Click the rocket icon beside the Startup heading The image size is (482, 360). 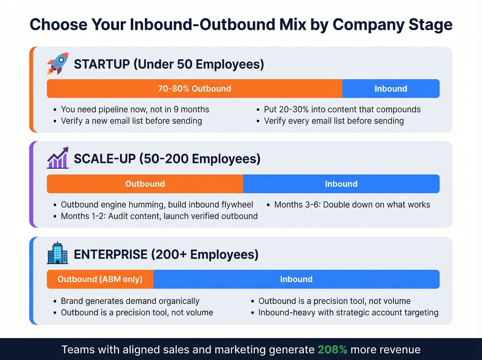pos(57,64)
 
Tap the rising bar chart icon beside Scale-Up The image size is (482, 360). pos(57,158)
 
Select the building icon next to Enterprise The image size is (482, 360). pos(57,253)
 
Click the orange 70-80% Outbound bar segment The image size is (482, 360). pos(195,89)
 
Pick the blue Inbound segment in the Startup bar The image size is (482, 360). pos(391,89)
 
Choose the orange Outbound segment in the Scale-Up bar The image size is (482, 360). pos(145,184)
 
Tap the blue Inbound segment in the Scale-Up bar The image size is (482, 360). pos(341,184)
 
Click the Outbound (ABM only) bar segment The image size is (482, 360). pos(100,279)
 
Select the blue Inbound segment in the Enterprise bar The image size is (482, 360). pos(296,279)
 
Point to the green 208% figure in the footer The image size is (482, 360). pos(332,350)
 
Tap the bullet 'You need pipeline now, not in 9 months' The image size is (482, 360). pos(135,110)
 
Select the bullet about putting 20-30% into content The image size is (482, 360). pos(342,110)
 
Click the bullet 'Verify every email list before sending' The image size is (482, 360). pos(334,121)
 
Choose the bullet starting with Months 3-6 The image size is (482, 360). pos(352,205)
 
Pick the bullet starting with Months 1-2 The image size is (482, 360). pos(159,216)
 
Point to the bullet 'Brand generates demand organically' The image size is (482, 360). pos(130,301)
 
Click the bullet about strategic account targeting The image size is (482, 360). pos(348,312)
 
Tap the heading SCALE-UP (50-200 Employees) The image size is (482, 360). pos(167,159)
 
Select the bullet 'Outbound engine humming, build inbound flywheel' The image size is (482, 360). pos(157,205)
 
